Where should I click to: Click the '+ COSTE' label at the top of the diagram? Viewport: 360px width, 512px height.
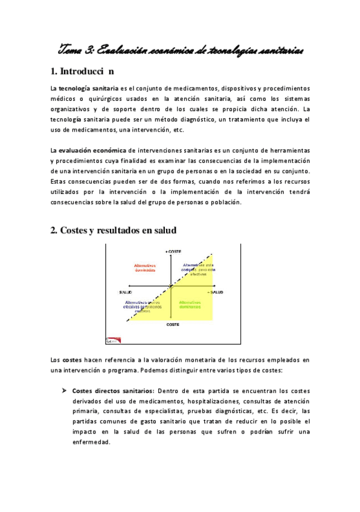(173, 251)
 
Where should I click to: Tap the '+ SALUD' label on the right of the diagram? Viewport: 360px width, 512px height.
(216, 292)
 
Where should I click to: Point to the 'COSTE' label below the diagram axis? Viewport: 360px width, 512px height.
(173, 324)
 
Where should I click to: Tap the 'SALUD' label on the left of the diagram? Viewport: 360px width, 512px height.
(126, 292)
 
